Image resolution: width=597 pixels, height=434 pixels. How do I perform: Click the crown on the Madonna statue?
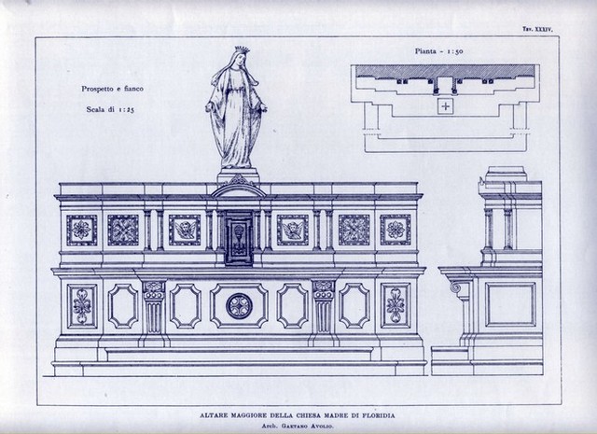pyautogui.click(x=242, y=49)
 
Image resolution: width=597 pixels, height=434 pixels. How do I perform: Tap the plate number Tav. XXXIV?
pyautogui.click(x=538, y=29)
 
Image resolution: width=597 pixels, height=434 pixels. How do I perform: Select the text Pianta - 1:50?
pyautogui.click(x=439, y=51)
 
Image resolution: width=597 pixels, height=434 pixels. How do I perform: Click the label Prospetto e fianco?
pyautogui.click(x=112, y=89)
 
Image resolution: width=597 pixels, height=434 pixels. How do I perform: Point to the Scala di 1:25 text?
pyautogui.click(x=110, y=109)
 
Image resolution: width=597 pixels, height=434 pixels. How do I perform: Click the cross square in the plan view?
pyautogui.click(x=445, y=105)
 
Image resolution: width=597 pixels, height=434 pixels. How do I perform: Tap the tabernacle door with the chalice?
pyautogui.click(x=239, y=237)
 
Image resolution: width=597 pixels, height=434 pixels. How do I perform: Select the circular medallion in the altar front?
pyautogui.click(x=239, y=306)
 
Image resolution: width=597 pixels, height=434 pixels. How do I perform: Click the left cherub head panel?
pyautogui.click(x=185, y=230)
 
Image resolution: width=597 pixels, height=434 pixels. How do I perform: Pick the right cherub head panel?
pyautogui.click(x=292, y=230)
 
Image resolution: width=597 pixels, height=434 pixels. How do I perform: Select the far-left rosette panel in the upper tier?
pyautogui.click(x=82, y=230)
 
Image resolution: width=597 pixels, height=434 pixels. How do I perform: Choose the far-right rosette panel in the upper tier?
pyautogui.click(x=396, y=230)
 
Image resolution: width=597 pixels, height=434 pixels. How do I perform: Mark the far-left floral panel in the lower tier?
pyautogui.click(x=82, y=306)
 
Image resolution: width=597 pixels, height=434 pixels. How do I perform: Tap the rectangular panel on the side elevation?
pyautogui.click(x=510, y=305)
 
